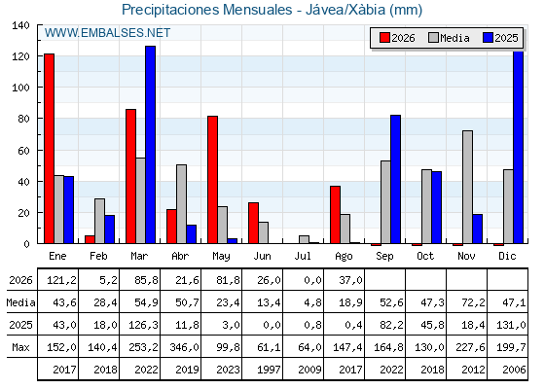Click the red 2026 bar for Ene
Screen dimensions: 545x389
pos(49,149)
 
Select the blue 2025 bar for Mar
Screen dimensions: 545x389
pos(151,145)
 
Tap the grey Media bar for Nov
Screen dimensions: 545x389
pos(467,187)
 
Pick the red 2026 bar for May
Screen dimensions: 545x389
pos(213,180)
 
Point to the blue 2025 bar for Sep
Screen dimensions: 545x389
pos(395,179)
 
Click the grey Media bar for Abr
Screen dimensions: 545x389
pos(181,204)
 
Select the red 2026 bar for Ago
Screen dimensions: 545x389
pos(336,215)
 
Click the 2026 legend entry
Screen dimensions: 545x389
pos(397,38)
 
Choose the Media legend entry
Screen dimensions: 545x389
pos(449,38)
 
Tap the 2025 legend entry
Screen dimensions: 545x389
pos(500,38)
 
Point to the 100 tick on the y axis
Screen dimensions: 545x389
pos(20,88)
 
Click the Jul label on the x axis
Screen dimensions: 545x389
pos(303,257)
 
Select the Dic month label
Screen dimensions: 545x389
pos(507,257)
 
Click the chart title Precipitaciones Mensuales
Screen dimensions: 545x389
pos(206,10)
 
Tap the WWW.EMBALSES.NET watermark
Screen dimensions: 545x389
pos(107,33)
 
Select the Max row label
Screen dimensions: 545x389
pos(20,347)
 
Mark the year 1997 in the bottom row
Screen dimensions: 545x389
pos(269,370)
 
